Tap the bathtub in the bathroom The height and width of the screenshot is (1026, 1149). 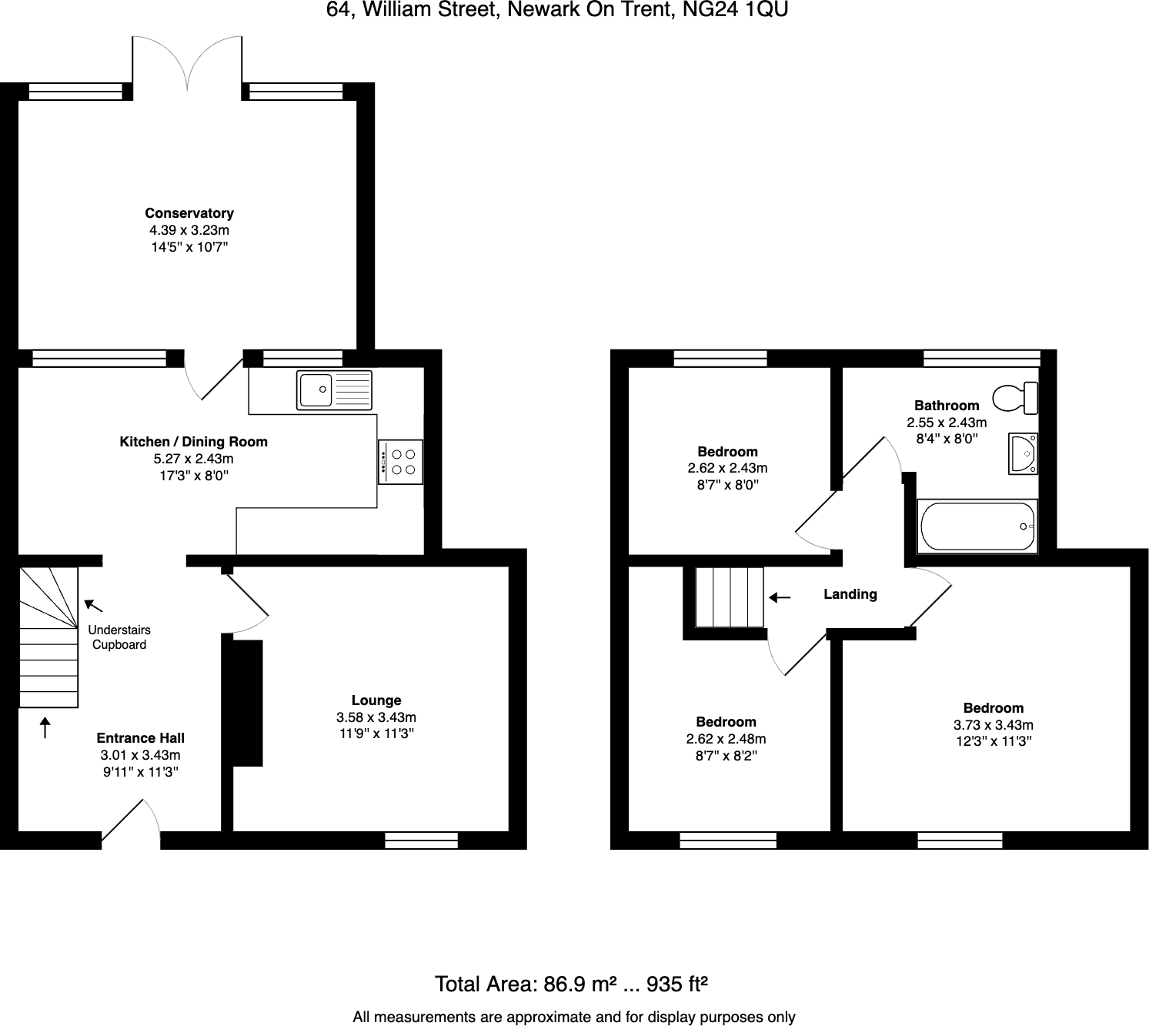[977, 526]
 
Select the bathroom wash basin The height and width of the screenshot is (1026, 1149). [1023, 453]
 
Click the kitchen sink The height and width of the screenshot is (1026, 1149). [334, 389]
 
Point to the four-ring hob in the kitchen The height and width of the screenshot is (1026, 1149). [400, 462]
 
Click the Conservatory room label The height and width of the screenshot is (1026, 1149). [189, 213]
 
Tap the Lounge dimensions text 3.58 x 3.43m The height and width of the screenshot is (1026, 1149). [376, 717]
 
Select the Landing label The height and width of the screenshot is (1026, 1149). [850, 594]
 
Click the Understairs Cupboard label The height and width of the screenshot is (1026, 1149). [119, 637]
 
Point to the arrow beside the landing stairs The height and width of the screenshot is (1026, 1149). [779, 597]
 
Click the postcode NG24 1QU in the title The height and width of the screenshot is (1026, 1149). [739, 10]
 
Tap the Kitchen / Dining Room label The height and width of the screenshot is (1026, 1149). [193, 442]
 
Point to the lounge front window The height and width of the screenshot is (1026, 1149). [421, 841]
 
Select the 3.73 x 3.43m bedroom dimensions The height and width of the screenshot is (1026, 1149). [993, 725]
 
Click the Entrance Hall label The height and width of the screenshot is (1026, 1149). [140, 738]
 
